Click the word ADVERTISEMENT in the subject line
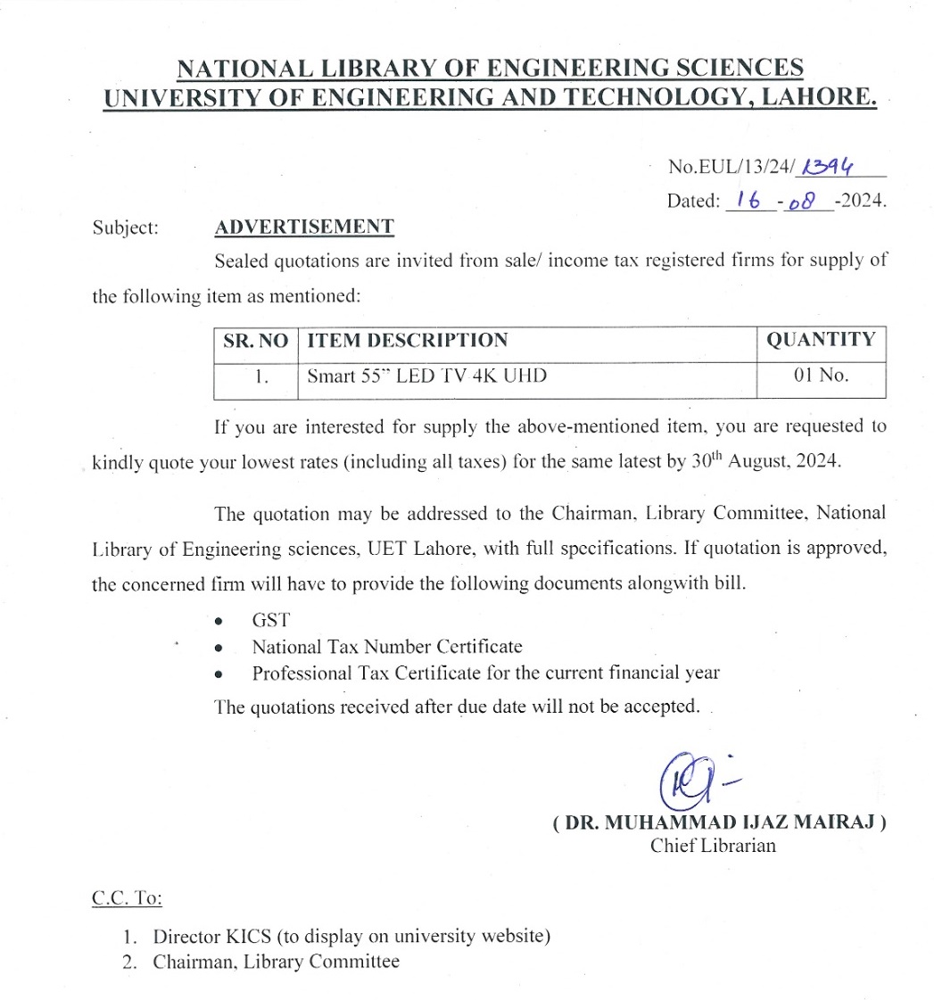[x=304, y=227]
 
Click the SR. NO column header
[x=254, y=340]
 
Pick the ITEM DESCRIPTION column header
[x=408, y=340]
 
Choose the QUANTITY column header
[x=821, y=340]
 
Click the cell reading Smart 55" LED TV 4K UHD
[x=426, y=376]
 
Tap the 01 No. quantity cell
[x=821, y=376]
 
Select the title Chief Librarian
[x=713, y=846]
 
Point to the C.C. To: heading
[x=127, y=898]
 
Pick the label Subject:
[x=125, y=227]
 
